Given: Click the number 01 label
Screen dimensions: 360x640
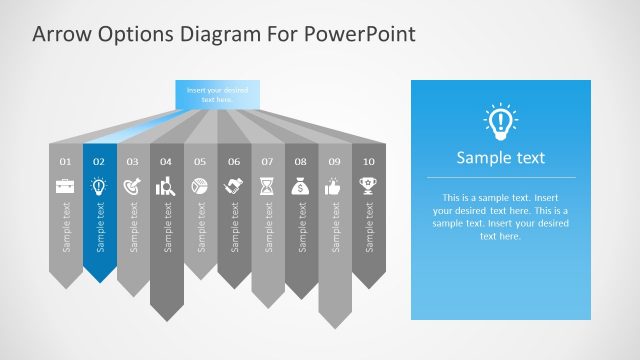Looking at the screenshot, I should pos(65,161).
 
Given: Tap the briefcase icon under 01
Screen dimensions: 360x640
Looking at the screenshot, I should pos(65,185).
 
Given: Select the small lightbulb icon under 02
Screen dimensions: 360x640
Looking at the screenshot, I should pos(99,185).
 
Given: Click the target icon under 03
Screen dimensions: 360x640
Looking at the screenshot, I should pos(133,185).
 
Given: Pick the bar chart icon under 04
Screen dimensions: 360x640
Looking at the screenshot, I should pos(166,185).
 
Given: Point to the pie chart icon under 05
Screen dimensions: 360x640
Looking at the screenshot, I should pos(200,185).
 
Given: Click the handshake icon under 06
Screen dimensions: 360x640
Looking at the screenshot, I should pos(234,185).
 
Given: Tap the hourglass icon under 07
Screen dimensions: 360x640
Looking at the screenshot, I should pos(267,185).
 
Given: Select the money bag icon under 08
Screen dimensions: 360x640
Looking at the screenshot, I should pos(301,185).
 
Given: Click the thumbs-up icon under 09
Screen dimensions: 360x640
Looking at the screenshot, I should pos(335,185).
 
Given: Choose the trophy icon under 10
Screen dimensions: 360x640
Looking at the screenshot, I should pos(369,185).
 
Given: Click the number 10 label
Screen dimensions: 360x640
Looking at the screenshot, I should pos(369,161).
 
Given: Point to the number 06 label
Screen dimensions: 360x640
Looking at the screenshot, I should pos(234,161).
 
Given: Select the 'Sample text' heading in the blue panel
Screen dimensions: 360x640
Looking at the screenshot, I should pos(500,158).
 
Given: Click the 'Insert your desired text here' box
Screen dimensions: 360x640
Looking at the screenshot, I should pos(217,94).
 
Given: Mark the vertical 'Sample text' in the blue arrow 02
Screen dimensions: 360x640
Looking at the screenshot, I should pos(99,228).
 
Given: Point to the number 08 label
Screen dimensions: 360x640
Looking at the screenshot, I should pos(301,161).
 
